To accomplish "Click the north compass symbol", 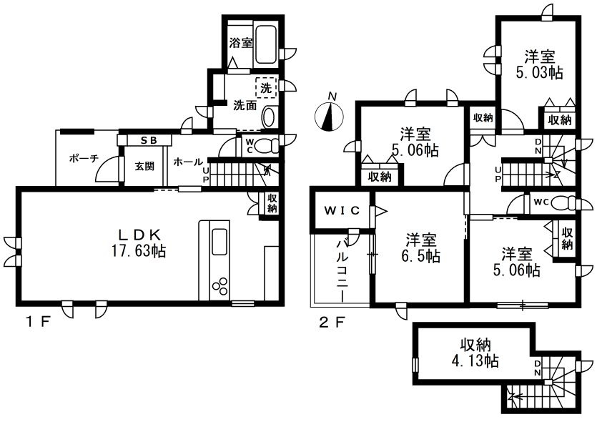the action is point(330,116).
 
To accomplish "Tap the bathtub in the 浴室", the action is point(267,44).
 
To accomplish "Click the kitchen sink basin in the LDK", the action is point(219,242).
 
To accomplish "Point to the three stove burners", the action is point(219,286).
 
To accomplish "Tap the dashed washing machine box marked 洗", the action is point(266,88).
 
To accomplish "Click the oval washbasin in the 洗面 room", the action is point(268,117).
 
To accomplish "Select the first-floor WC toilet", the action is point(266,145).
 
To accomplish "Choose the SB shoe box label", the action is point(149,141).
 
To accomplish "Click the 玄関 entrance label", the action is point(144,166).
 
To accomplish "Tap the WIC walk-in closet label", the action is point(342,210).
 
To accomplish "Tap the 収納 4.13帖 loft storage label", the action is point(475,353).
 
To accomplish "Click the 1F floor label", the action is point(38,323).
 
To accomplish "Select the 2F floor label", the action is point(332,323).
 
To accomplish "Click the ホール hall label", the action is point(188,162).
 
